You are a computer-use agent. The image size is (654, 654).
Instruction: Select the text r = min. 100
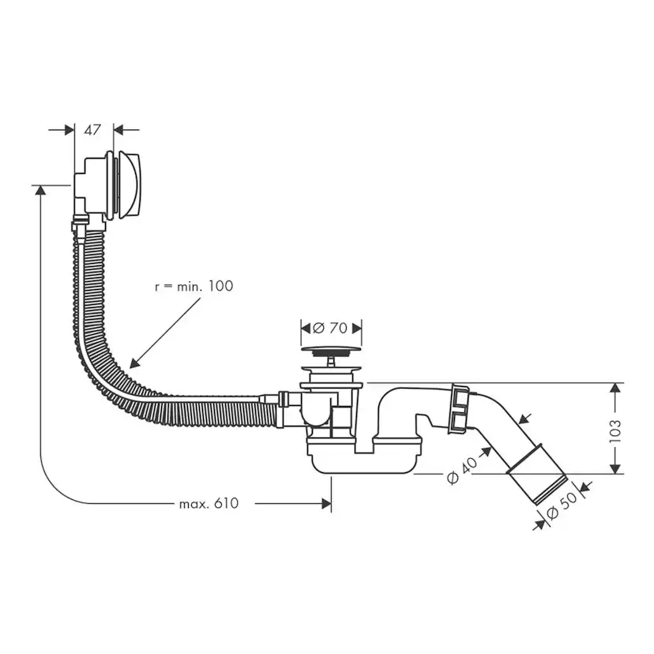click(x=194, y=286)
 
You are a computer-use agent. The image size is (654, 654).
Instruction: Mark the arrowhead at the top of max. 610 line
click(x=38, y=190)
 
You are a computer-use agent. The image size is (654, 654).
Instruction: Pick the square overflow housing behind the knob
click(x=88, y=185)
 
